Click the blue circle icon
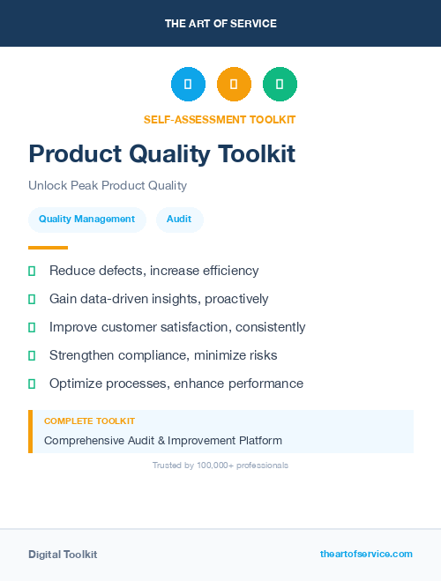[188, 85]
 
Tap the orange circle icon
[234, 85]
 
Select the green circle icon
[280, 85]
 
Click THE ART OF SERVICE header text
[220, 24]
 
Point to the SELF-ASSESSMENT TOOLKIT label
[220, 119]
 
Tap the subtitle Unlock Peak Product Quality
[108, 185]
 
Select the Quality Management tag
[86, 220]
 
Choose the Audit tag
[179, 220]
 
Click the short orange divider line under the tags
[48, 248]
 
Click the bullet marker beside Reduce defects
[32, 271]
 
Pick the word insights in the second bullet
[177, 299]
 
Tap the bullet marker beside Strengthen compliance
[32, 355]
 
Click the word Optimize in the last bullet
[77, 384]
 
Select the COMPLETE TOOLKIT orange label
[89, 421]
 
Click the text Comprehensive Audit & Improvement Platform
[163, 440]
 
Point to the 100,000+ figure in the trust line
[217, 465]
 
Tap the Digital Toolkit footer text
[63, 555]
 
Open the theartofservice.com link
[366, 554]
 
